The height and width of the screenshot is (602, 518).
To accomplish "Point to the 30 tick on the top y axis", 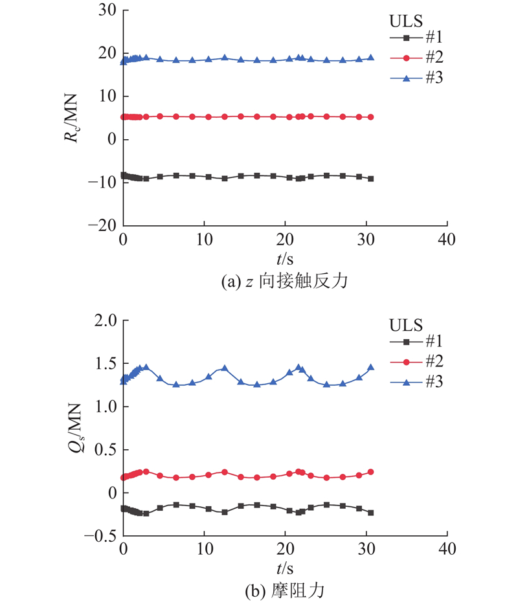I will (x=107, y=10).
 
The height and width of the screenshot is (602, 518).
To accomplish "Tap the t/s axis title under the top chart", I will (x=285, y=260).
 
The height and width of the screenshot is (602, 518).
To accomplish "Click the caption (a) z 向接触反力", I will (x=285, y=282).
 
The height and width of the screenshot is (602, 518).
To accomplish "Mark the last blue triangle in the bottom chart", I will (x=371, y=367).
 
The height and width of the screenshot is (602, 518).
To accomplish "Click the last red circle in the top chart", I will (x=371, y=117).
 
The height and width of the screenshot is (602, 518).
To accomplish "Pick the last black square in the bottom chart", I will (x=371, y=513).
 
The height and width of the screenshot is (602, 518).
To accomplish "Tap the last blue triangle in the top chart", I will (x=371, y=58).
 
